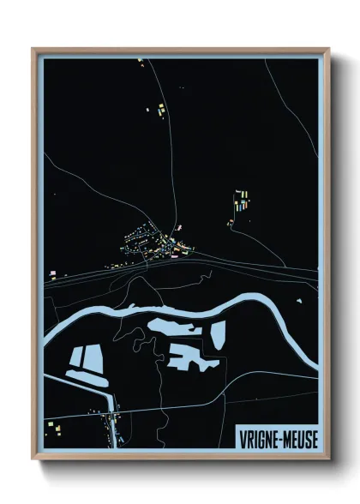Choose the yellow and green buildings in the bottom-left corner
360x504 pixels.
coord(54,425)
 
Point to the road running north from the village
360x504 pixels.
coord(171,154)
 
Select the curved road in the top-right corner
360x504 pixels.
coord(287,94)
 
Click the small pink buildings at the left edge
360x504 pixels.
coord(53,273)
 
